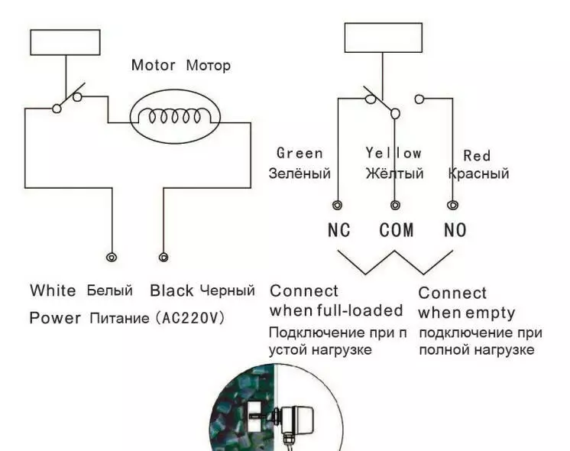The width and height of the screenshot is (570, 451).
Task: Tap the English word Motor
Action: (154, 65)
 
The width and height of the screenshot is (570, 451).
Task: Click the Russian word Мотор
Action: (208, 66)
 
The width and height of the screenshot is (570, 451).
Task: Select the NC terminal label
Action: (338, 229)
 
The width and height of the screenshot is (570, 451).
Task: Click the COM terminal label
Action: (396, 229)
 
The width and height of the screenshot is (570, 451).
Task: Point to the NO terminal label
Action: (455, 229)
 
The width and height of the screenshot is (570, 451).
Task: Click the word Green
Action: (300, 154)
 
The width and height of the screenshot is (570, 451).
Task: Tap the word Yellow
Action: (393, 154)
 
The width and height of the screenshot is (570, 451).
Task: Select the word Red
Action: (477, 155)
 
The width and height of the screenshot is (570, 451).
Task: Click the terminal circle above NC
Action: (338, 205)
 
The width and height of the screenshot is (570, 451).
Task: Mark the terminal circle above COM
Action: (395, 205)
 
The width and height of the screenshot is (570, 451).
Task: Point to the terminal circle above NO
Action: (453, 205)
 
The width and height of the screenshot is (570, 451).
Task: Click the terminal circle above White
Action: (112, 258)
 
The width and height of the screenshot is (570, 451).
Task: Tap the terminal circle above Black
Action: (162, 258)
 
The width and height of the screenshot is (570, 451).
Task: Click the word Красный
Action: (478, 174)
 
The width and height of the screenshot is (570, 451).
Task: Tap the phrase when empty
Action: (467, 313)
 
